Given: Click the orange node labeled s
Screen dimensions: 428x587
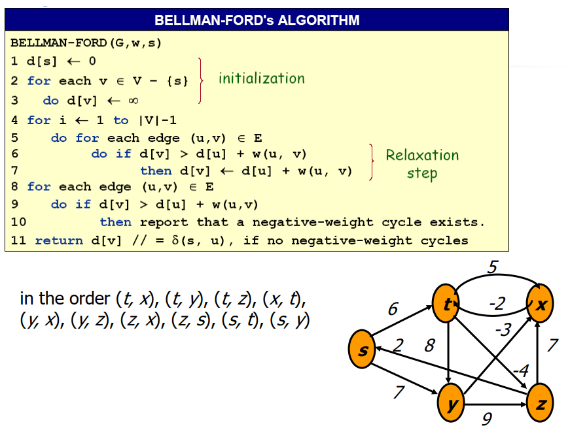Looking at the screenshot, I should click(364, 350).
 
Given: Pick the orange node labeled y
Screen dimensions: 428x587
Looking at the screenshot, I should click(452, 403).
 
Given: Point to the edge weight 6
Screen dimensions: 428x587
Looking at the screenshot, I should click(393, 308).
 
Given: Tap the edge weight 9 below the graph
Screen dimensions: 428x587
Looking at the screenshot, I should click(486, 419).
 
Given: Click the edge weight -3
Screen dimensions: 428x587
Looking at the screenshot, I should click(503, 329).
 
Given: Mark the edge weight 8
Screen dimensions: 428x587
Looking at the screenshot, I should click(429, 345).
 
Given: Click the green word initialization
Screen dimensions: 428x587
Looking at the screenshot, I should click(262, 78).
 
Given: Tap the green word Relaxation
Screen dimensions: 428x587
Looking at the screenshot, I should click(422, 156).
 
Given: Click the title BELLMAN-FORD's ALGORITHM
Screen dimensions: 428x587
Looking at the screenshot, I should click(257, 20).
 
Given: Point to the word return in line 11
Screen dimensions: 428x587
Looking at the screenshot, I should click(59, 240).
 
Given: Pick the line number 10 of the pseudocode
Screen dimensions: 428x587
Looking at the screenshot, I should click(18, 222).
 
